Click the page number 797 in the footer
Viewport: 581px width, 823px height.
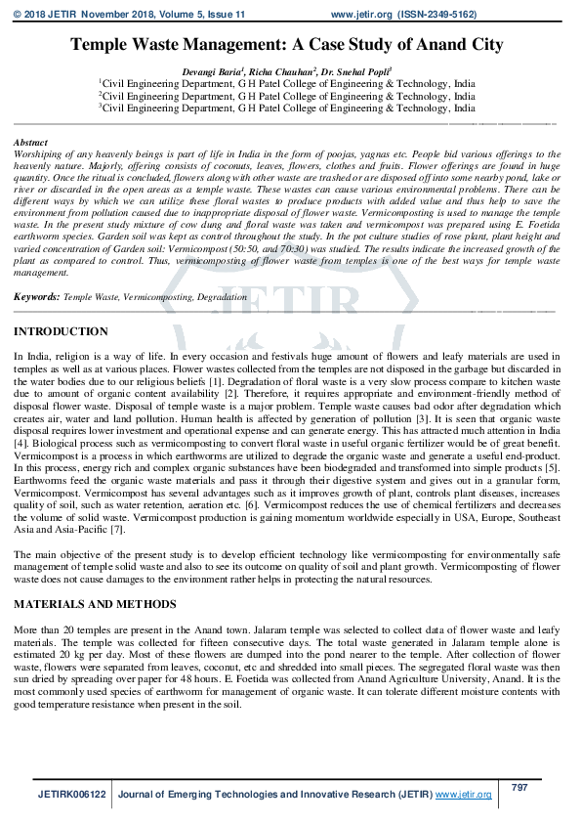tap(519, 787)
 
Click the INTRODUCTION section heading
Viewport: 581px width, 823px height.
tap(61, 332)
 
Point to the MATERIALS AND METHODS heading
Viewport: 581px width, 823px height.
tap(95, 604)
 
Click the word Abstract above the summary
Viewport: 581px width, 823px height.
tap(30, 143)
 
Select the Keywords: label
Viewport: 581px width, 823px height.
tap(36, 295)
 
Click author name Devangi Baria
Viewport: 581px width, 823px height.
tap(212, 73)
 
